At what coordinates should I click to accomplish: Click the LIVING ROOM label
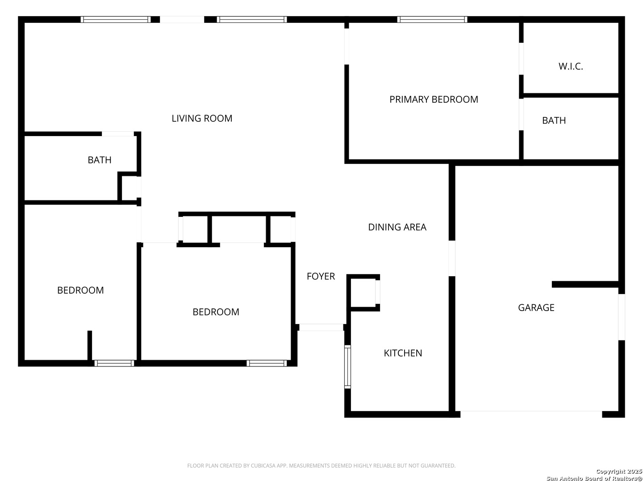[x=202, y=118]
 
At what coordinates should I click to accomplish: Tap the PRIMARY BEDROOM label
[x=434, y=100]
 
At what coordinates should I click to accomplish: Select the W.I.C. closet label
[x=570, y=66]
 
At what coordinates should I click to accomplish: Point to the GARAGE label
[x=536, y=307]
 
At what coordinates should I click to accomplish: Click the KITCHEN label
[x=403, y=353]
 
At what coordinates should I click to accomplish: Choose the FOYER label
[x=321, y=276]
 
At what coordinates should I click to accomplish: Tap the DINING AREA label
[x=397, y=227]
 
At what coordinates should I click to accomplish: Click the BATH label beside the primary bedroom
[x=554, y=120]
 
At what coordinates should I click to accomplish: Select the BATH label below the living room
[x=100, y=160]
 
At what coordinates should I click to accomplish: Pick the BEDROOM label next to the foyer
[x=216, y=312]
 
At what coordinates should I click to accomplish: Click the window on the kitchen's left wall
[x=347, y=367]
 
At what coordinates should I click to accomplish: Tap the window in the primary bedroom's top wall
[x=432, y=20]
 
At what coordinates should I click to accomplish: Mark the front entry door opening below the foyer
[x=321, y=328]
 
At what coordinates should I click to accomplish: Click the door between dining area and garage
[x=452, y=258]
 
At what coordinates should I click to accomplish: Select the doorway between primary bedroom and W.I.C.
[x=521, y=59]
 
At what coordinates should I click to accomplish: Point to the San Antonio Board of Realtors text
[x=594, y=478]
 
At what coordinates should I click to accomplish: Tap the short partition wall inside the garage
[x=585, y=284]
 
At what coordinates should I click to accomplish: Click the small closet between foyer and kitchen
[x=363, y=293]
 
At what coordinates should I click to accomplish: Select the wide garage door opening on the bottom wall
[x=531, y=414]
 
